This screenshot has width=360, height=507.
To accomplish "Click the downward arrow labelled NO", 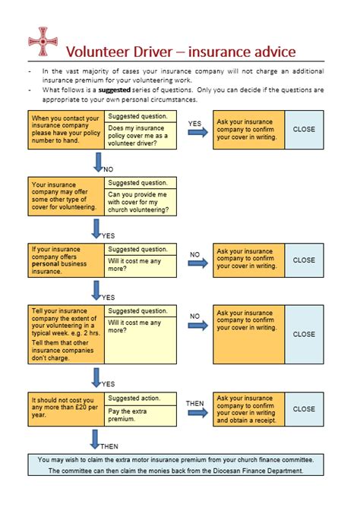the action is (x=97, y=162).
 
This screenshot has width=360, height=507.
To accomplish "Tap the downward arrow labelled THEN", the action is (x=95, y=439).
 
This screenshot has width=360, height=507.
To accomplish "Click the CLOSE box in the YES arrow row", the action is (x=304, y=130).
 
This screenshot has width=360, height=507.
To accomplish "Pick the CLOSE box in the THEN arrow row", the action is (x=304, y=409).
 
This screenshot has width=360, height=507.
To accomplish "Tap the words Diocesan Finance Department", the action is (x=257, y=471).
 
